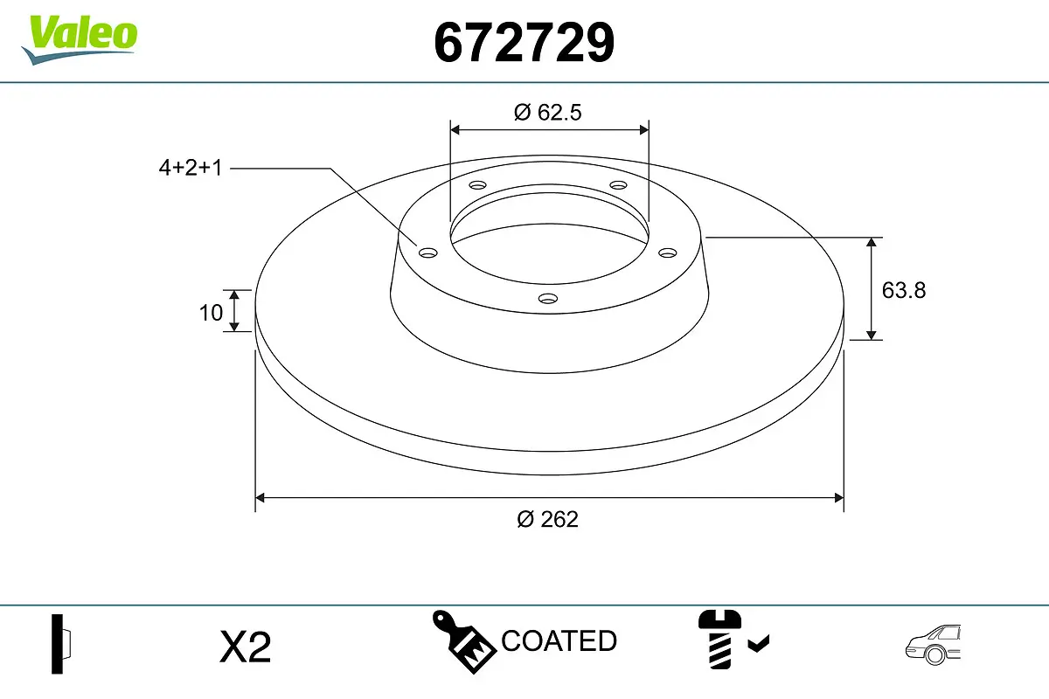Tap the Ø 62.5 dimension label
[x=548, y=112]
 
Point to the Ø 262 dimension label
[x=547, y=519]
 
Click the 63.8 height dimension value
[x=903, y=290]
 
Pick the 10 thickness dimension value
[x=211, y=312]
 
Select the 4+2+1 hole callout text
[x=191, y=168]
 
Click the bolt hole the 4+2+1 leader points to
[x=427, y=253]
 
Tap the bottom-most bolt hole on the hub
[x=548, y=299]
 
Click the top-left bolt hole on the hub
[x=477, y=185]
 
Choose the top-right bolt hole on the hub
[x=619, y=185]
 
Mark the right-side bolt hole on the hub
[x=668, y=253]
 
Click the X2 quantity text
[x=246, y=647]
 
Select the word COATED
[x=559, y=641]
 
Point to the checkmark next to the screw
[x=759, y=645]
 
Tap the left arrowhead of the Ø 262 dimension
[x=260, y=498]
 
